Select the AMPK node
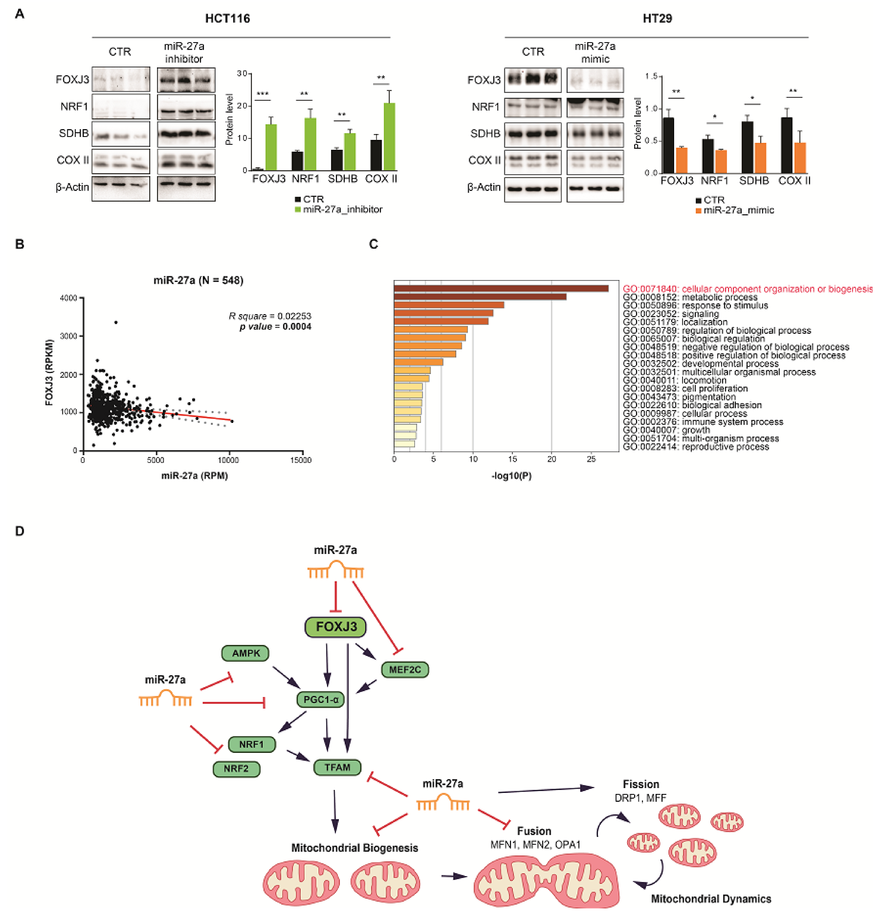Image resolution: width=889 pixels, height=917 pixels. (x=245, y=653)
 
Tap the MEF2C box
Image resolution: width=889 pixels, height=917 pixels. (x=405, y=669)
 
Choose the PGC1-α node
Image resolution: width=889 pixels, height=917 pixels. (x=321, y=700)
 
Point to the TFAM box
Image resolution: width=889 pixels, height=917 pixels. (x=337, y=767)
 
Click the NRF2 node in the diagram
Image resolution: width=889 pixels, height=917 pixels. (x=236, y=769)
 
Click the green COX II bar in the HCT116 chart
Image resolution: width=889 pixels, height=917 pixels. (x=389, y=137)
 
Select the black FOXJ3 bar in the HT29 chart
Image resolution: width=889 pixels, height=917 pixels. (x=668, y=145)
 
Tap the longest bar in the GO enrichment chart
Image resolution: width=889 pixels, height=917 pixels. (x=501, y=289)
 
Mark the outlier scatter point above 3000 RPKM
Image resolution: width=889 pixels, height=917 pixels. (x=116, y=322)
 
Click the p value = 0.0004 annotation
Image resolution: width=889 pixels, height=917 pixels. (x=275, y=327)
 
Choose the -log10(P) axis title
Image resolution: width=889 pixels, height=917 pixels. (x=511, y=476)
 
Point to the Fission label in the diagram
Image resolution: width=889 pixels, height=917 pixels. (x=641, y=784)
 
